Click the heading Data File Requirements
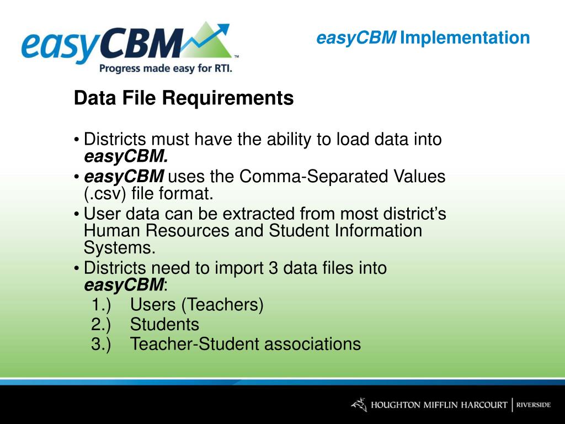(184, 98)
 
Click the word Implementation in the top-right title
(465, 38)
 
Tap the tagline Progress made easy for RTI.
(166, 68)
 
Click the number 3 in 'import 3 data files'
(273, 268)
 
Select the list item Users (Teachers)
(197, 305)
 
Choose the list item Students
(164, 324)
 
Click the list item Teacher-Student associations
(246, 344)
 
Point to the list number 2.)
(101, 324)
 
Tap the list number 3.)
(101, 344)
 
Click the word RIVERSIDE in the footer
(534, 405)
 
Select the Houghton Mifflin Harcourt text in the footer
(439, 405)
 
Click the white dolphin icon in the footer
(359, 405)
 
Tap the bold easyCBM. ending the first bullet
(126, 157)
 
